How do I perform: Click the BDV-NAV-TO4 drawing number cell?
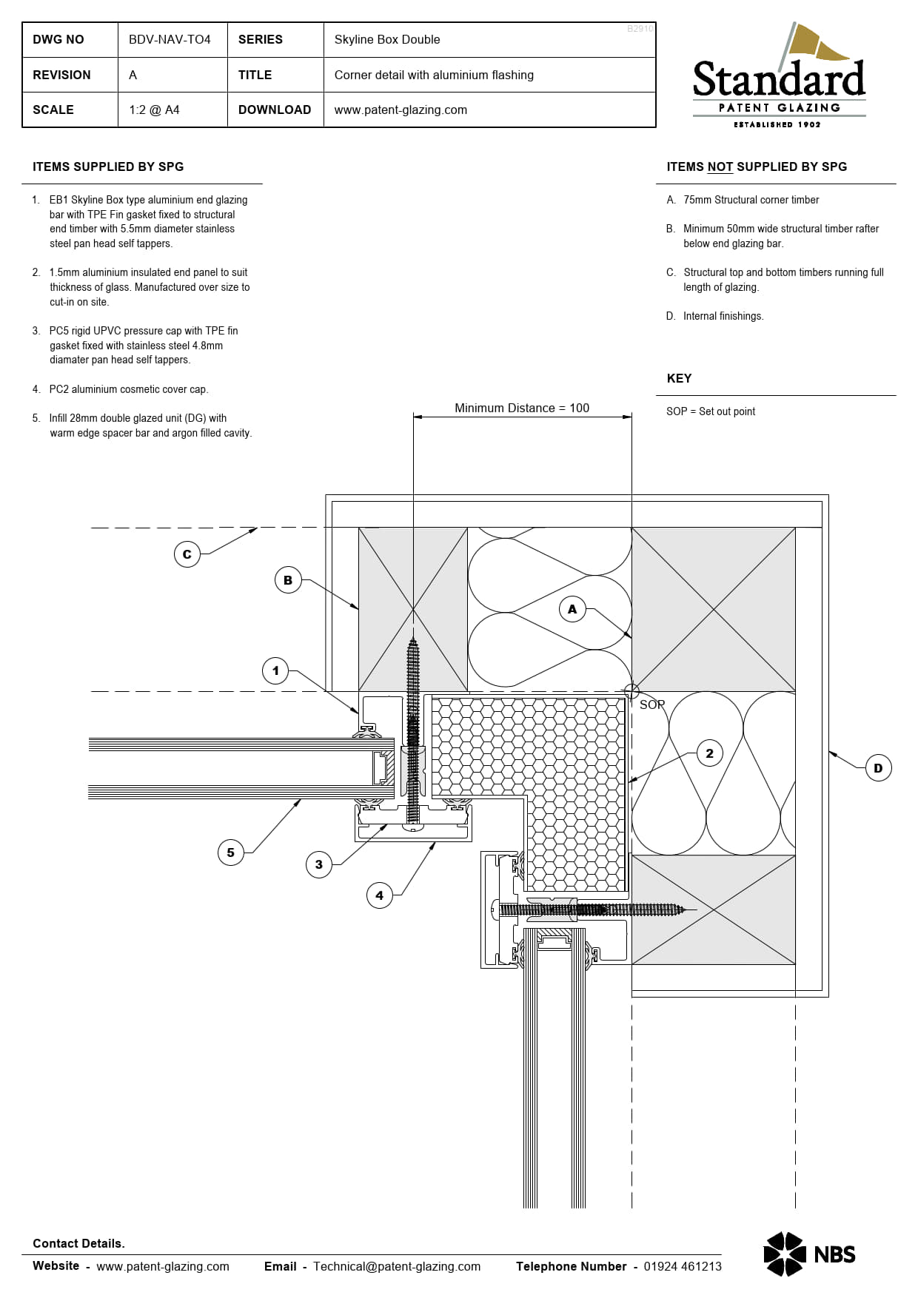(170, 39)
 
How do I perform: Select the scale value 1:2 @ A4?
(154, 110)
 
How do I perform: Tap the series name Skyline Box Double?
(386, 39)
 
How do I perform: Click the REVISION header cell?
(61, 75)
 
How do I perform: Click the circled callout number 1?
(275, 671)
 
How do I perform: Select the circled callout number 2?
(709, 753)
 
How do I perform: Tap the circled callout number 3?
(319, 864)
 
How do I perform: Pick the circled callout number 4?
(379, 895)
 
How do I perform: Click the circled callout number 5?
(230, 853)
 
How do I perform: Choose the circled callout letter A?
(572, 609)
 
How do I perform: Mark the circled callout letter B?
(287, 580)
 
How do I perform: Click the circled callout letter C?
(187, 554)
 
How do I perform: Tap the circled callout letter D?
(878, 768)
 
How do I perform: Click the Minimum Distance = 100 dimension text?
(521, 408)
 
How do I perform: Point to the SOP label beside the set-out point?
(652, 705)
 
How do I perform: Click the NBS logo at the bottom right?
(809, 1254)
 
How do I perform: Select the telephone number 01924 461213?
(682, 1266)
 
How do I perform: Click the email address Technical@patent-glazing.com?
(396, 1266)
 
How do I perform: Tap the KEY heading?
(679, 378)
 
